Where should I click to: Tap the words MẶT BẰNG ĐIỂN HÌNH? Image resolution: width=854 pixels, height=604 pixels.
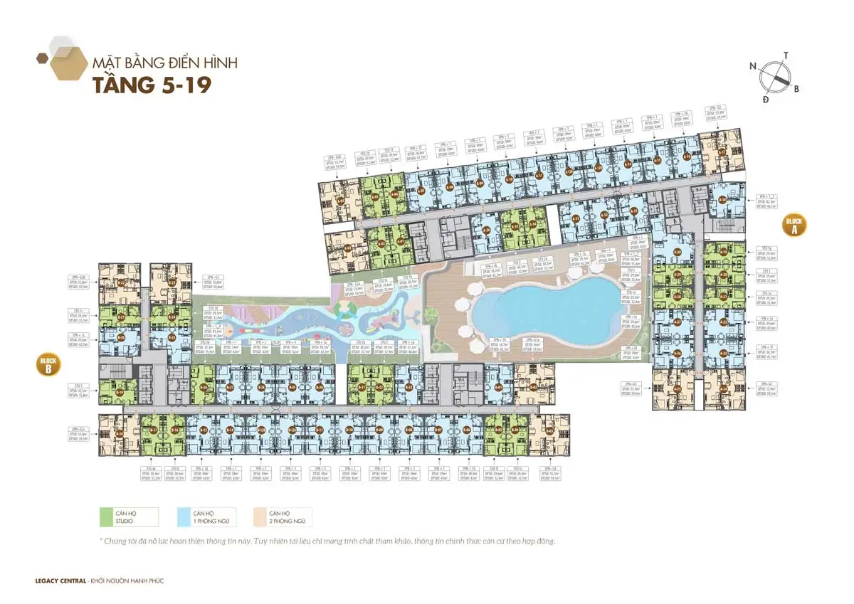(x=164, y=63)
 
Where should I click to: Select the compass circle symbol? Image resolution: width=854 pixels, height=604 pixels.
(x=775, y=75)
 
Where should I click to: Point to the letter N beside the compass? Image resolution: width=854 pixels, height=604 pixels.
(x=753, y=65)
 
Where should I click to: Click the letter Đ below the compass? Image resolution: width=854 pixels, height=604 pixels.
(x=765, y=100)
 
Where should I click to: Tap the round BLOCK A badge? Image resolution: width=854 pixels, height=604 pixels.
(x=794, y=225)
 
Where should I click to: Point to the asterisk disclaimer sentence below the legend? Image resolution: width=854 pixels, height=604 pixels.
(x=327, y=541)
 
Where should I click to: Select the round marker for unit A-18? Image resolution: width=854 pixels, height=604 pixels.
(x=722, y=200)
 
